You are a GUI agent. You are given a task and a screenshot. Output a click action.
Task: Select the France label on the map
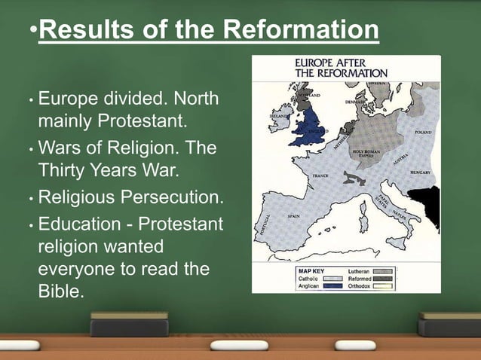point(320,175)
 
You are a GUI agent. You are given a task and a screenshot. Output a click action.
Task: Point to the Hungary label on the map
point(419,172)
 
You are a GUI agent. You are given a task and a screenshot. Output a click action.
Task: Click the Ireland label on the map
point(279,117)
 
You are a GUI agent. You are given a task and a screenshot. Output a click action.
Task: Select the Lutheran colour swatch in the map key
point(383,270)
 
